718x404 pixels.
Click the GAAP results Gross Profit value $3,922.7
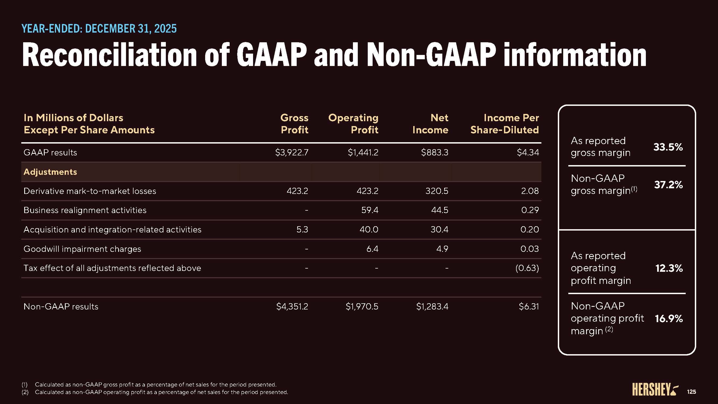coord(292,152)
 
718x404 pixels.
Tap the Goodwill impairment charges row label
coord(82,249)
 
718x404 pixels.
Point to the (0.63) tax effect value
coord(527,268)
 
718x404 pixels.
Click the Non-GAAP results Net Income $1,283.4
coord(432,307)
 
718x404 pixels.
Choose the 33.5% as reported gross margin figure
coord(668,147)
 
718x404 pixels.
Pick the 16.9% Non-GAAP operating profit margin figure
coord(669,318)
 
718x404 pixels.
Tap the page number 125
coord(691,392)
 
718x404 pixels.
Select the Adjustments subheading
coord(50,172)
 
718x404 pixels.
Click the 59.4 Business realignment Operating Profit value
coord(370,210)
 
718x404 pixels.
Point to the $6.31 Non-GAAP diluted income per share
coord(529,307)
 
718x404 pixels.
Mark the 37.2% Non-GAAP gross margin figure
coord(668,184)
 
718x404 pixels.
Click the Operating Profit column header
coord(353,124)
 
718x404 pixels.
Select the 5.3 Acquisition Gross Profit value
coord(302,229)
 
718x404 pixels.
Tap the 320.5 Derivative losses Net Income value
coord(437,191)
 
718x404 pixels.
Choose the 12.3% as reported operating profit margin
coord(669,268)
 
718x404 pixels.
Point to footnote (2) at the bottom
coord(161,392)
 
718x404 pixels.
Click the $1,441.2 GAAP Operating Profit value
coord(363,152)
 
